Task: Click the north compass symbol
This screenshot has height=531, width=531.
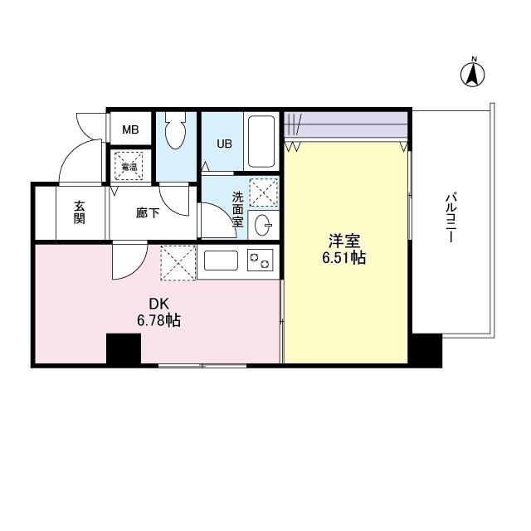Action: click(473, 74)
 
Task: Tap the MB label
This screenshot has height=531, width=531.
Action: click(131, 129)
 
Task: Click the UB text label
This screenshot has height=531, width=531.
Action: click(225, 143)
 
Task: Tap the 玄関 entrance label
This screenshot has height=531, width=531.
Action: click(80, 212)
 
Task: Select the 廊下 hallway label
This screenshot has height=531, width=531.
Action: click(148, 212)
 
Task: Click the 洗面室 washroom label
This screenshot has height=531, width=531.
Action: click(237, 209)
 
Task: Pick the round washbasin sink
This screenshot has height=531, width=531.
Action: click(265, 223)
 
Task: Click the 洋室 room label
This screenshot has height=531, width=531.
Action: click(344, 241)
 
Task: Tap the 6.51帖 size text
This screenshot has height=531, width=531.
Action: click(344, 258)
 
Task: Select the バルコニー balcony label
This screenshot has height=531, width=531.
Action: click(451, 218)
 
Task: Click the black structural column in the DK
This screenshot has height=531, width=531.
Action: click(123, 348)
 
